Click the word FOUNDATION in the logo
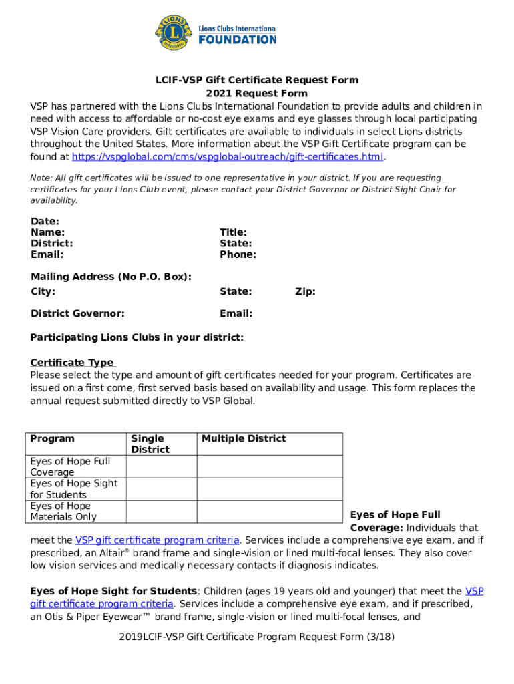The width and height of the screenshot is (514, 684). click(237, 39)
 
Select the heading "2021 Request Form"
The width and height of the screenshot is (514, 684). click(256, 93)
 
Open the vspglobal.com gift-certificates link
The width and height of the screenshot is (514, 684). click(228, 157)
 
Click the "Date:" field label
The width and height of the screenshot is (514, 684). click(45, 221)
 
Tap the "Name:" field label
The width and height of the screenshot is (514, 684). click(47, 232)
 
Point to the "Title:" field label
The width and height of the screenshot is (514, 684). click(234, 232)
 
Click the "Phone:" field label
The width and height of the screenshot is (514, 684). click(238, 254)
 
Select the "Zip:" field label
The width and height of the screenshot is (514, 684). click(305, 291)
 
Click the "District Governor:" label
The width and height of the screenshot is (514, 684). click(77, 313)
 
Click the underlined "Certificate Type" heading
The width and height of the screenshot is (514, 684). click(72, 363)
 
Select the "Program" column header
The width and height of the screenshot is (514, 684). click(53, 439)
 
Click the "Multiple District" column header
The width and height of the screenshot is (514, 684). click(244, 439)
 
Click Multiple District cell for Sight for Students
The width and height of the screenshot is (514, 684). click(270, 489)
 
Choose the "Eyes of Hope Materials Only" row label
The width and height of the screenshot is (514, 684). click(63, 511)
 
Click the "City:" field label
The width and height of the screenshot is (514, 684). click(43, 291)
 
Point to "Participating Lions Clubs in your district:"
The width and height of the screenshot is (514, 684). click(137, 337)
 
